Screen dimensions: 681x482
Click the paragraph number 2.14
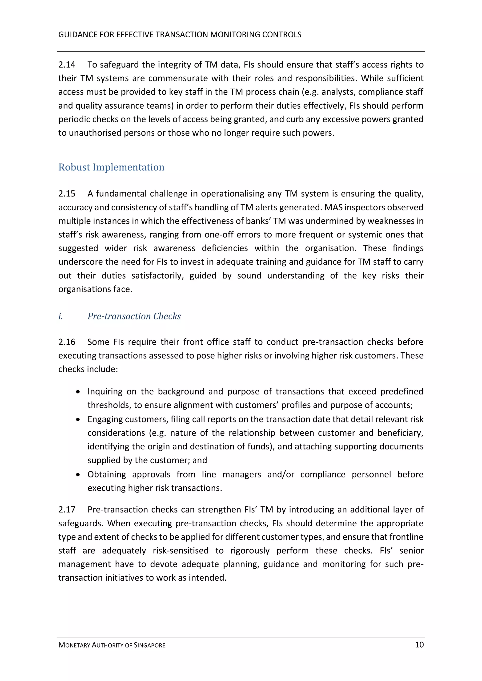(x=67, y=65)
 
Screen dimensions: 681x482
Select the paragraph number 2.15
(x=67, y=194)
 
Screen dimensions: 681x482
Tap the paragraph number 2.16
(x=67, y=342)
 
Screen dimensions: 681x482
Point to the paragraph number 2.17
(x=67, y=510)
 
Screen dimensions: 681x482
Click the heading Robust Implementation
(x=111, y=167)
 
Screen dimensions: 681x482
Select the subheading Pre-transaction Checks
(x=134, y=316)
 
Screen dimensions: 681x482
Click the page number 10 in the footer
(x=419, y=645)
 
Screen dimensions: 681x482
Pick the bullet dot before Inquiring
(x=78, y=392)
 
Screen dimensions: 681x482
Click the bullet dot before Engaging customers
(x=78, y=419)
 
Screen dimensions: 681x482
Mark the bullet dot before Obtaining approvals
(x=78, y=475)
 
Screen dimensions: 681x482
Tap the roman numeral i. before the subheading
(x=60, y=316)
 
